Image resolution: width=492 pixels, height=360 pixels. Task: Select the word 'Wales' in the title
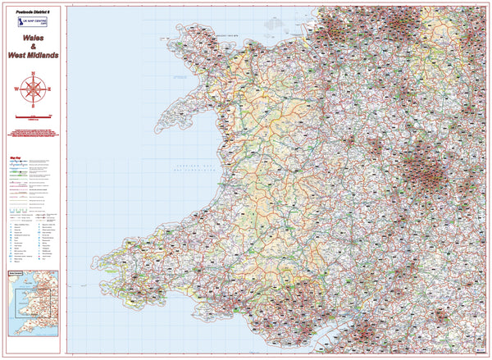click(33, 48)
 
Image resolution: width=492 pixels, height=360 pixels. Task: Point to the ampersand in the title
click(33, 56)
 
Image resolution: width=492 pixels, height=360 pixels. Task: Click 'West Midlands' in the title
click(33, 65)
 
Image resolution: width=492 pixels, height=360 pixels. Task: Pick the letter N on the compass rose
click(33, 75)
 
